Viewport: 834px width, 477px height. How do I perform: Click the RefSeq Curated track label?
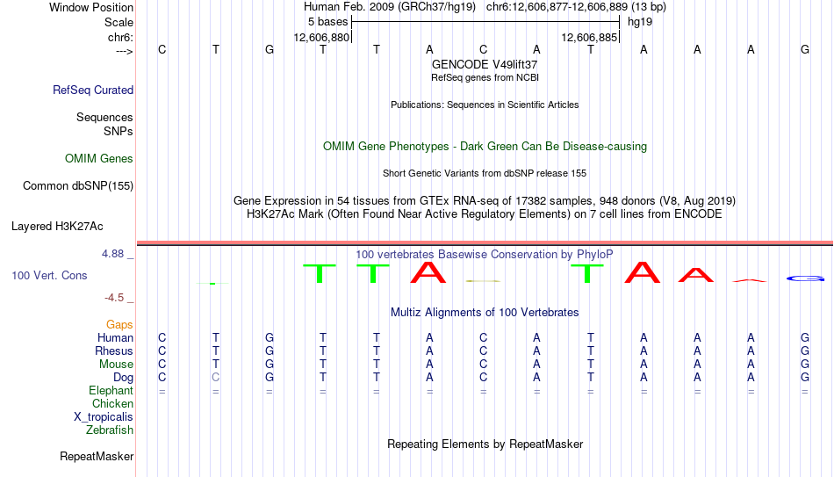pos(93,90)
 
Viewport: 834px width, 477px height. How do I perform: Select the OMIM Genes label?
pos(99,159)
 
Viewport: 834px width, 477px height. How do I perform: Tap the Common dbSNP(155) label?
pos(78,186)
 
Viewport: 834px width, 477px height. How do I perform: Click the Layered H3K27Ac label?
pos(57,227)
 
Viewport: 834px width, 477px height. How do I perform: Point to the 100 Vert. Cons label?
pos(49,275)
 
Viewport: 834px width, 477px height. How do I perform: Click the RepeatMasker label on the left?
pos(97,456)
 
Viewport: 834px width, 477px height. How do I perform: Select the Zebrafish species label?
pos(110,430)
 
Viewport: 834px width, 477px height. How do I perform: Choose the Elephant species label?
pos(111,391)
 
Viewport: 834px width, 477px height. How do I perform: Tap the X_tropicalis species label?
pos(104,417)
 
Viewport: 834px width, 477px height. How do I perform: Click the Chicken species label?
pos(112,403)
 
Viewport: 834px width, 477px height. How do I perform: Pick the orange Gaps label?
pos(119,325)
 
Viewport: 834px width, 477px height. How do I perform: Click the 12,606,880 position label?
pos(322,37)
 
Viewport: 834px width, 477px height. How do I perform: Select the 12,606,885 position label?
pos(589,37)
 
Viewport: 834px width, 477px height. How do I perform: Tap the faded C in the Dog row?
pos(215,378)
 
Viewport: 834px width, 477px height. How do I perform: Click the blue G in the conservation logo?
pos(805,278)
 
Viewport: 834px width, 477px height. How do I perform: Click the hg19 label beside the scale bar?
pos(640,22)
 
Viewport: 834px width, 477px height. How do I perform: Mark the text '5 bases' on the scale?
pos(327,22)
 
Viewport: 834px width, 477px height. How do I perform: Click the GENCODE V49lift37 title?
pos(485,64)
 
